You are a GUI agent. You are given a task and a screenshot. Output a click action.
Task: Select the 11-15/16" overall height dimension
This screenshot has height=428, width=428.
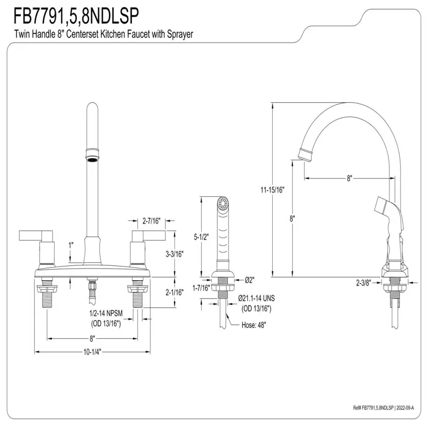pos(272,189)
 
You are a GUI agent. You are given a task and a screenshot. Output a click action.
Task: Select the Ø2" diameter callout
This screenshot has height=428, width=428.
pos(249,279)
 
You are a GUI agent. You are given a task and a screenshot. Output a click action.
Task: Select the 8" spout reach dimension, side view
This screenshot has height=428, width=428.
pos(349,179)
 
